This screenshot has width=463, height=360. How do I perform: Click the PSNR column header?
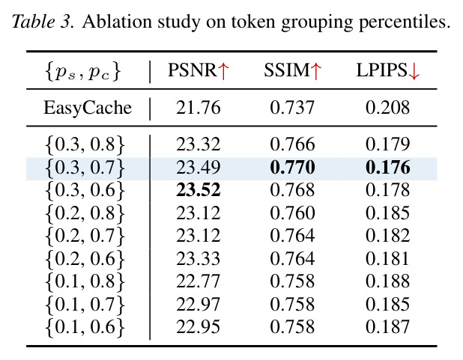pyautogui.click(x=199, y=71)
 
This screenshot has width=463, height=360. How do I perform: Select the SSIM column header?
pyautogui.click(x=292, y=71)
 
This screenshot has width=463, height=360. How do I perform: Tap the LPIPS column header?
pyautogui.click(x=387, y=71)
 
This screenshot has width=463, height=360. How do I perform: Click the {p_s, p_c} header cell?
pyautogui.click(x=83, y=72)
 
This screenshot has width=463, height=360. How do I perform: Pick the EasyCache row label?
pyautogui.click(x=88, y=108)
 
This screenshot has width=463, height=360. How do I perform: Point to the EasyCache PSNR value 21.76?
pyautogui.click(x=199, y=108)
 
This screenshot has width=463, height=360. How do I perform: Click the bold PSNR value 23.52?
pyautogui.click(x=199, y=190)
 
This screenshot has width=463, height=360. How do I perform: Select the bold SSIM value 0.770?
pyautogui.click(x=292, y=168)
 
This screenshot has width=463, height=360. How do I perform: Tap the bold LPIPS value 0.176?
pyautogui.click(x=387, y=168)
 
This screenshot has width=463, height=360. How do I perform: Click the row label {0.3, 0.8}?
pyautogui.click(x=85, y=145)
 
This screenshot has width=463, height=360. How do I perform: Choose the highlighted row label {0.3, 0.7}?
pyautogui.click(x=85, y=168)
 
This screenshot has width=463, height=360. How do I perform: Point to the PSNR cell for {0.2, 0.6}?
pyautogui.click(x=199, y=258)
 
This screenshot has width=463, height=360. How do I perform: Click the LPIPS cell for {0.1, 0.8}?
pyautogui.click(x=387, y=281)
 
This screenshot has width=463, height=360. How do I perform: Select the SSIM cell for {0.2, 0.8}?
pyautogui.click(x=292, y=213)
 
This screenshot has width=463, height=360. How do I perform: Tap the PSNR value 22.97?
pyautogui.click(x=199, y=304)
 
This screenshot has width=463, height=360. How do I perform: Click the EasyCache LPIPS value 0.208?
pyautogui.click(x=387, y=108)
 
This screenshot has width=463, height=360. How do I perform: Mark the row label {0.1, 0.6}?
pyautogui.click(x=85, y=327)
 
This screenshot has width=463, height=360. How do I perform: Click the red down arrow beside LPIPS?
pyautogui.click(x=414, y=72)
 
